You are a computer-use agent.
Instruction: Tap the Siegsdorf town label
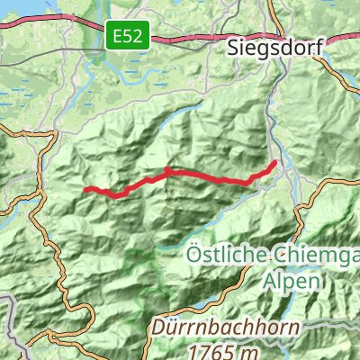pos(274,49)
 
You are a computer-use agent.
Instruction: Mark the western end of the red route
pos(85,190)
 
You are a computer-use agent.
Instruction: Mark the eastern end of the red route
pos(274,162)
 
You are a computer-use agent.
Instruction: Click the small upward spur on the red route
pos(167,169)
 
